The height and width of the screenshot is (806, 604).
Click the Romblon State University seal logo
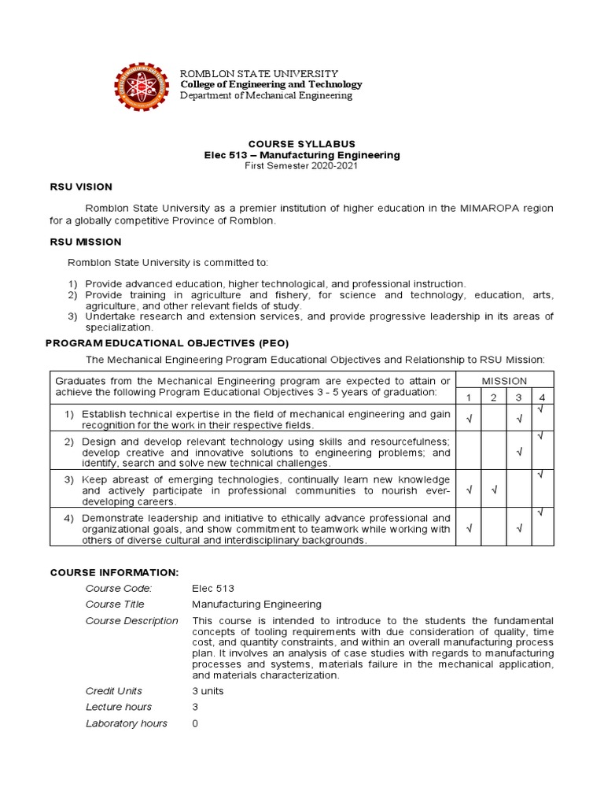142,87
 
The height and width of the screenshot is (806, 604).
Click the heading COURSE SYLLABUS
302,144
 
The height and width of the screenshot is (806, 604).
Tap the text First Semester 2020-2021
302,167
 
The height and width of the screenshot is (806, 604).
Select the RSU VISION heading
81,187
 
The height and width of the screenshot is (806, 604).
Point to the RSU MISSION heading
86,242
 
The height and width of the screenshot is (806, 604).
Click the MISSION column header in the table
504,380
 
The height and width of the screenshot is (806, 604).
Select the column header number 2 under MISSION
493,397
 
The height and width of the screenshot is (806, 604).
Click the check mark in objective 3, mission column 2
493,490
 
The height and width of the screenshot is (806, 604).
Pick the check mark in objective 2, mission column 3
518,452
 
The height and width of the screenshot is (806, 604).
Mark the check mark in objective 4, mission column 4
540,513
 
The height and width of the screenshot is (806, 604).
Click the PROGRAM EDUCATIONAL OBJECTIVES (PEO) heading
168,343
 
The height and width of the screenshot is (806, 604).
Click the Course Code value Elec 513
213,588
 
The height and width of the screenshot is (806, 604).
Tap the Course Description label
132,621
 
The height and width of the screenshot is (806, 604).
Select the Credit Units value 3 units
208,690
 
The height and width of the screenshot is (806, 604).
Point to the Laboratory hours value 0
196,723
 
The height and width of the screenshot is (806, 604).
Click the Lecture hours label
119,707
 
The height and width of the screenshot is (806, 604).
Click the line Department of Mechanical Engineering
267,96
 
